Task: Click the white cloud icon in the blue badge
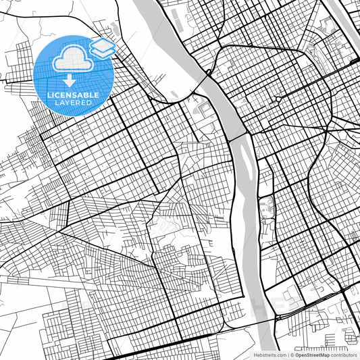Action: tap(70, 59)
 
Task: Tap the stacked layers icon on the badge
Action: tap(101, 47)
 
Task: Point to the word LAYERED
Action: tap(72, 103)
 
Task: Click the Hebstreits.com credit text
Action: tap(269, 355)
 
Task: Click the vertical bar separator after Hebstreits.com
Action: tap(288, 355)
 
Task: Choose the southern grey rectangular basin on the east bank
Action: tap(264, 233)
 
